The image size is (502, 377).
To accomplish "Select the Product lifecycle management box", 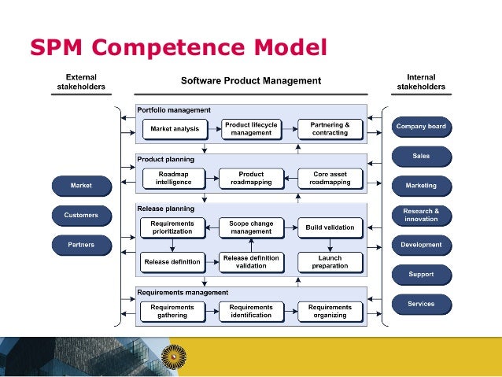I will point(251,128).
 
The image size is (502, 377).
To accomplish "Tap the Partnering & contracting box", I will point(330,128).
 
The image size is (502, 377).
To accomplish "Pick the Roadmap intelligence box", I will point(172,178).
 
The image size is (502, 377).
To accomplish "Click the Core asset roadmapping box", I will point(330,178).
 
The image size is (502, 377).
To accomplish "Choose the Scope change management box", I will point(251,227).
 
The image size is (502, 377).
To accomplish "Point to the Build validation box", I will point(330,227).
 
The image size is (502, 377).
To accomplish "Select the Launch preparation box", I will point(330,261).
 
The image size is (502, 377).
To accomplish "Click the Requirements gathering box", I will point(172,312).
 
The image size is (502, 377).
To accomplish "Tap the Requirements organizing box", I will point(330,312).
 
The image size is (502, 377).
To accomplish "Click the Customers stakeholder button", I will point(81,215).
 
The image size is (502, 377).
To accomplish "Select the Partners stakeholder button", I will point(81,245).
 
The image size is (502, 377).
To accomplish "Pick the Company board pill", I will point(421,126).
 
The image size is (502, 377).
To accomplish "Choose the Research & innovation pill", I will point(421,215).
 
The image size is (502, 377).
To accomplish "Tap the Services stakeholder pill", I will point(421,304).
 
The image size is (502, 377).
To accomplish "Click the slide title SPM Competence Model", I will point(178,47).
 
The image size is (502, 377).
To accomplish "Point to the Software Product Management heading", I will point(251,81).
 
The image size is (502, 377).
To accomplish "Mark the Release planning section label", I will point(165,209).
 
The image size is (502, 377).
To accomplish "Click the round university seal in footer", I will point(172,357).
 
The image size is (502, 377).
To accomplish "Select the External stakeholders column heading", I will point(81,82).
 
